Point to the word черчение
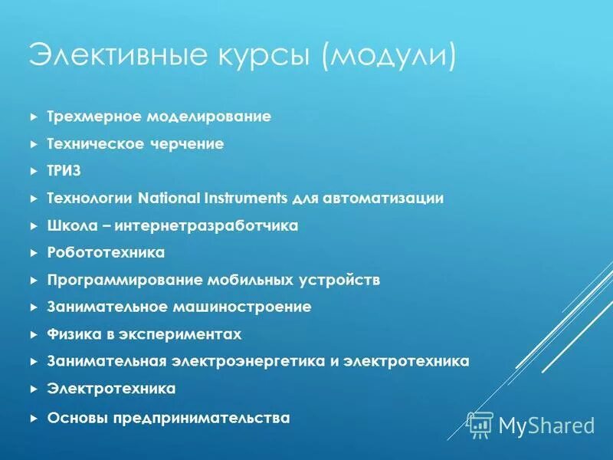click(x=192, y=143)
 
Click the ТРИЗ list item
click(x=64, y=170)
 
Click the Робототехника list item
click(x=106, y=252)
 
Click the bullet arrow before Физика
click(x=33, y=334)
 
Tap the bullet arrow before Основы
click(x=33, y=418)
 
